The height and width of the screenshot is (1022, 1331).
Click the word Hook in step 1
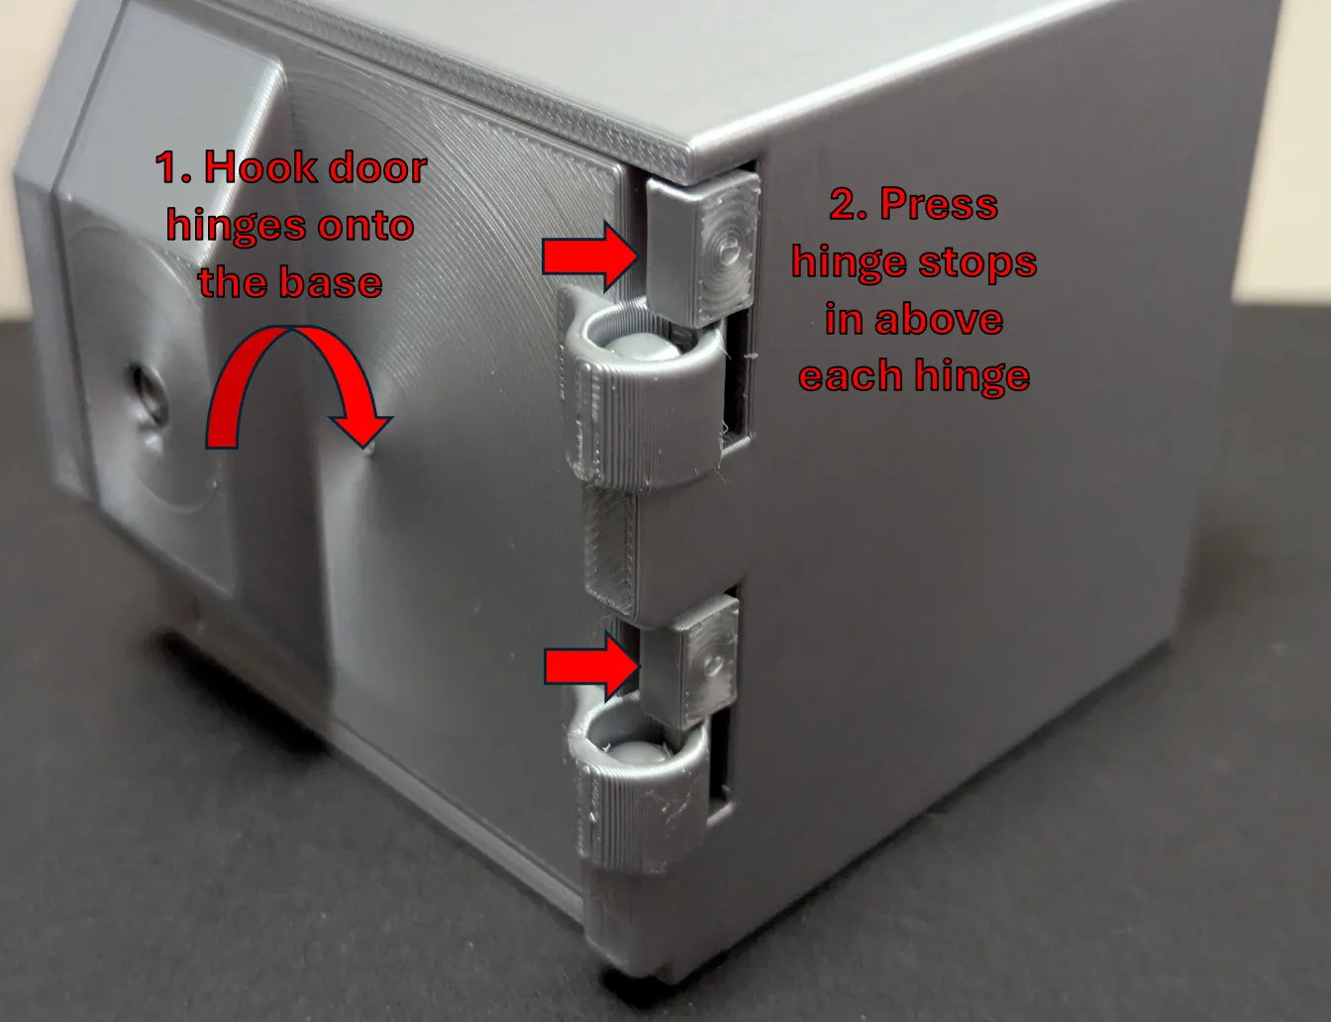[x=260, y=166]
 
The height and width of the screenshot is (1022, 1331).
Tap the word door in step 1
[x=378, y=166]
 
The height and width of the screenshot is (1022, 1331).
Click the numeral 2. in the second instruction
[x=849, y=204]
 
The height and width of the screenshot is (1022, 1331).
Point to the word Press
[x=939, y=204]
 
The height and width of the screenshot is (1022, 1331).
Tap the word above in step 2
[x=939, y=319]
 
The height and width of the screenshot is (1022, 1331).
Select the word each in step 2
[x=849, y=374]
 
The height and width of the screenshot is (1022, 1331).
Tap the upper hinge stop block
[x=703, y=247]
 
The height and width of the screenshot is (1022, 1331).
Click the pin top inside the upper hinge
[x=642, y=348]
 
